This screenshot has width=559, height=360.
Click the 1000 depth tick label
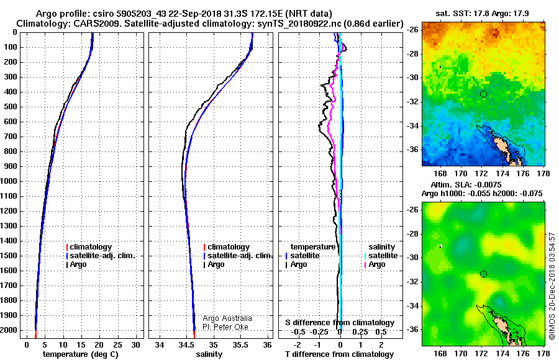click(9, 181)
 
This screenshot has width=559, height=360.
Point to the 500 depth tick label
click(11, 107)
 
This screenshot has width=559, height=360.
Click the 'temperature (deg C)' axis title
click(81, 354)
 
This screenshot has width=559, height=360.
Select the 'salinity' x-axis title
click(209, 354)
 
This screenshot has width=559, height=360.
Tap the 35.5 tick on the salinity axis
click(240, 345)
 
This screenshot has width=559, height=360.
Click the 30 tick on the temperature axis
click(135, 345)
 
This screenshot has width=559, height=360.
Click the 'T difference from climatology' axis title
click(339, 354)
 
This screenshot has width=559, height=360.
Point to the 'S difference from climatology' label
click(340, 323)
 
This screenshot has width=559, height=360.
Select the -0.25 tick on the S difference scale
click(319, 332)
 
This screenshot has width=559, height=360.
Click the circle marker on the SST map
click(483, 94)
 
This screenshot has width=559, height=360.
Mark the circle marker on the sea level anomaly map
click(483, 274)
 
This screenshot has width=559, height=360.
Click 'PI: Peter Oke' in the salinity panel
click(225, 327)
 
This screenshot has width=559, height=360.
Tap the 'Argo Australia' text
click(227, 318)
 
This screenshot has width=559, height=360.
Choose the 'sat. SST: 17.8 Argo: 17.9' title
click(483, 14)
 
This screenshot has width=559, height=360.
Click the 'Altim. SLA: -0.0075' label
click(466, 185)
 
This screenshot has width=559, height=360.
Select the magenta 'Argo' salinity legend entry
click(375, 264)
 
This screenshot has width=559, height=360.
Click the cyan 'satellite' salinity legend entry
click(381, 256)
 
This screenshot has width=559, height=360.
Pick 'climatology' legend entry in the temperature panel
click(89, 247)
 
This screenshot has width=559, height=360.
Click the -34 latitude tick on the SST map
click(412, 126)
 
